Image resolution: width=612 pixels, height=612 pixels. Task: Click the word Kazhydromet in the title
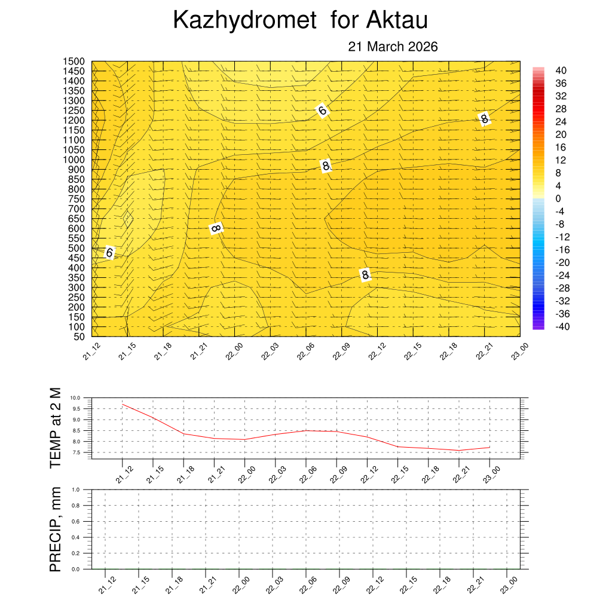tap(244, 21)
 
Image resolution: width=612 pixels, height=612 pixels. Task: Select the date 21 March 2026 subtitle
tap(393, 47)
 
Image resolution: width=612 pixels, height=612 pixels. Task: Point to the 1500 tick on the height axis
tap(74, 62)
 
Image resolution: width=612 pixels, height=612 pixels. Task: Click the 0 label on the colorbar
tap(558, 198)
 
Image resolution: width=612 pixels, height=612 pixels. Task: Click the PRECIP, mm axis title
tap(56, 529)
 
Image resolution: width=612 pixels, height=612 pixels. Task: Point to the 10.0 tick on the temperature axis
tap(75, 398)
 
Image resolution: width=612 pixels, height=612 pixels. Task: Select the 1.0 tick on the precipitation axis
tap(76, 489)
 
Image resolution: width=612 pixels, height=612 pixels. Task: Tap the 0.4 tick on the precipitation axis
tap(76, 537)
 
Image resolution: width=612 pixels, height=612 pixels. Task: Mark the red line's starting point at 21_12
tap(123, 405)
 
